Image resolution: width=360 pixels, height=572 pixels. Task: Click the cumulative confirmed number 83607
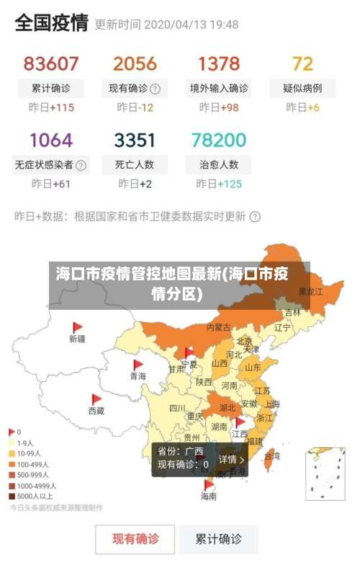point(50,63)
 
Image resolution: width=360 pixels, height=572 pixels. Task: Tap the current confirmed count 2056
point(135,63)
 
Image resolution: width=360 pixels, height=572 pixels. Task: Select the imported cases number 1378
point(219,63)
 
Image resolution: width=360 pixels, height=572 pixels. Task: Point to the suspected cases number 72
point(302,63)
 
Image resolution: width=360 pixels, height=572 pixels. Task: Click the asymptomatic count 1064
point(50,139)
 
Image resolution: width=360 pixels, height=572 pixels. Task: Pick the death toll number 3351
point(135,139)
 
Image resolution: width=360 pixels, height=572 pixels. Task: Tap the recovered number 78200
point(219,139)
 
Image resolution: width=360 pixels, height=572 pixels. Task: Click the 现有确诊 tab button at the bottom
point(135,538)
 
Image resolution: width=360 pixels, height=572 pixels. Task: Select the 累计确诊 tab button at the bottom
point(219,538)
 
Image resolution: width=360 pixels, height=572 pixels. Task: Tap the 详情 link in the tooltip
point(232,459)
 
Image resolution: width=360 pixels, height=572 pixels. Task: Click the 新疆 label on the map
point(77,338)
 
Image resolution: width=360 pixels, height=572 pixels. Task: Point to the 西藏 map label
point(96,411)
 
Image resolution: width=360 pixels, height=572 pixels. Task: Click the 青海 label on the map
point(138,376)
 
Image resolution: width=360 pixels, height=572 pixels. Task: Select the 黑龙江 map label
point(311,292)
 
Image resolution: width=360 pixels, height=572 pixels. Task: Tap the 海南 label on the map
point(209,496)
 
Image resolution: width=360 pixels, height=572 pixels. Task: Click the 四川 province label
point(177,408)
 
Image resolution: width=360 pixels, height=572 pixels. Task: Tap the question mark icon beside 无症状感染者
point(81,165)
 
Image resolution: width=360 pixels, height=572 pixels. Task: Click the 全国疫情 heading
point(51,24)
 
